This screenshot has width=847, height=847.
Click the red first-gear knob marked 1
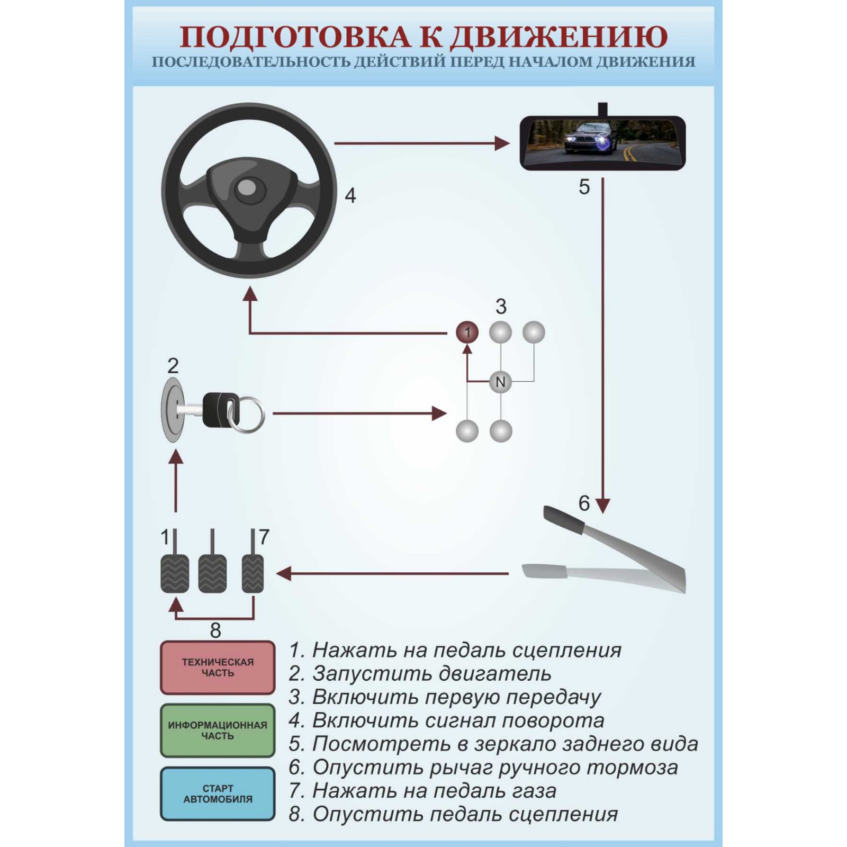467,332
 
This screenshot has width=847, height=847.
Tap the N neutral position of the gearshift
500,382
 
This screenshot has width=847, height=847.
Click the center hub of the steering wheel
247,187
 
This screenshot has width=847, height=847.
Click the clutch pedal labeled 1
175,573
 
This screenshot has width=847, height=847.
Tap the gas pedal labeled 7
253,573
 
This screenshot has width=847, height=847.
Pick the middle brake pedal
212,573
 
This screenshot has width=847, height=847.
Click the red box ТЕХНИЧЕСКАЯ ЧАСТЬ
218,668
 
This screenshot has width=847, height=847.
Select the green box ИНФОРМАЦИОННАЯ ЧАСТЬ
218,731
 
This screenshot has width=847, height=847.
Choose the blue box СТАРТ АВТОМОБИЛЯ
218,794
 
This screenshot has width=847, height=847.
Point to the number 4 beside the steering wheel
350,196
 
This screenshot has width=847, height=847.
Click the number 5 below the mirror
584,187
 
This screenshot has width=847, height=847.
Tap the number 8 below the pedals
215,630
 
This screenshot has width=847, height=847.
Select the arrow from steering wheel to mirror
421,143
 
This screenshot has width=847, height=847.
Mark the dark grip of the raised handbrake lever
563,519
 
